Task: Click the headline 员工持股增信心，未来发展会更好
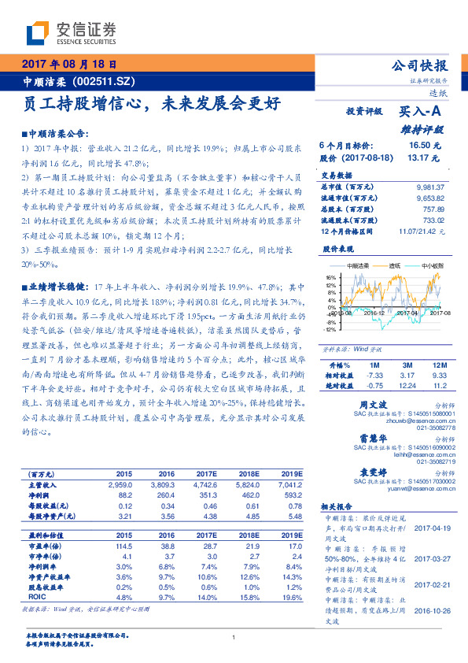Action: click(x=149, y=103)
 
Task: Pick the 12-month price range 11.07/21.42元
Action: click(x=422, y=231)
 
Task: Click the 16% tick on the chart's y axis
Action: click(x=330, y=277)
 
